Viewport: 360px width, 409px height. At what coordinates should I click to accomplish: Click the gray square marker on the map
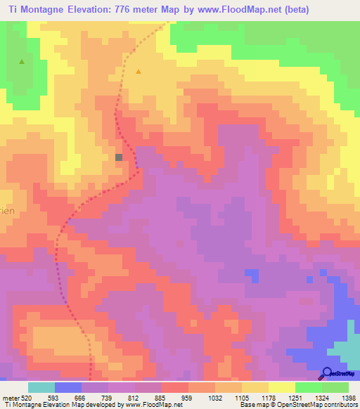119,157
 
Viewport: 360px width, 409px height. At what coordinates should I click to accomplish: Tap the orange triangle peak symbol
139,72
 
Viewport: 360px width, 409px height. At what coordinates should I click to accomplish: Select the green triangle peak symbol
22,62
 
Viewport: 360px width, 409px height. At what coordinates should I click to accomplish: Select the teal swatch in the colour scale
41,387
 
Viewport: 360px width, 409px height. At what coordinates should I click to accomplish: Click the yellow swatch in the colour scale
281,387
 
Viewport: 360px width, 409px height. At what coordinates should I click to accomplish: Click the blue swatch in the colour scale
67,387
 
